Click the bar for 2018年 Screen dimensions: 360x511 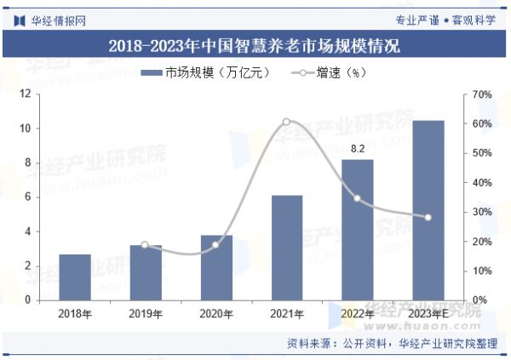pos(75,277)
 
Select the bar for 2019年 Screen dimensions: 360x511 pos(146,272)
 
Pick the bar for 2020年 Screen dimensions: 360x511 pos(216,267)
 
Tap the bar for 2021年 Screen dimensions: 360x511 pos(287,247)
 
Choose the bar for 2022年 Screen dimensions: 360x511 pos(358,230)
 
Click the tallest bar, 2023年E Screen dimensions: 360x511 pos(428,210)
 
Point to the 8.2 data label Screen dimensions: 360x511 pos(358,150)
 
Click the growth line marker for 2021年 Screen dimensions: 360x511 pos(286,122)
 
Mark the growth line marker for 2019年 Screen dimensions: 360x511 pos(145,245)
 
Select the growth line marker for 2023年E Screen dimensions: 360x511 pos(428,217)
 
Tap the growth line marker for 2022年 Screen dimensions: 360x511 pos(358,198)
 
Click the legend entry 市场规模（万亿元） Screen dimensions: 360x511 pos(204,72)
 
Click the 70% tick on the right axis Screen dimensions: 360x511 pos(481,94)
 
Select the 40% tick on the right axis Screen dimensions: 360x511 pos(481,182)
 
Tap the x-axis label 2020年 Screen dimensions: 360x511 pos(216,315)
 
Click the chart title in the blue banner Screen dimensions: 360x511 pos(255,44)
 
